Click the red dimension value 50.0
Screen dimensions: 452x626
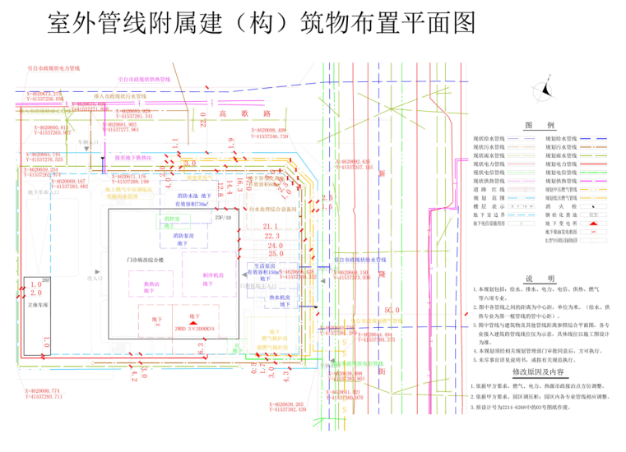(x=392, y=310)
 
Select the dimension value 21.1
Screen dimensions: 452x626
(x=272, y=226)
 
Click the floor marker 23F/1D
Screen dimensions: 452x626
(x=222, y=219)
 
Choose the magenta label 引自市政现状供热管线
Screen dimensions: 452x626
(x=144, y=80)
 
